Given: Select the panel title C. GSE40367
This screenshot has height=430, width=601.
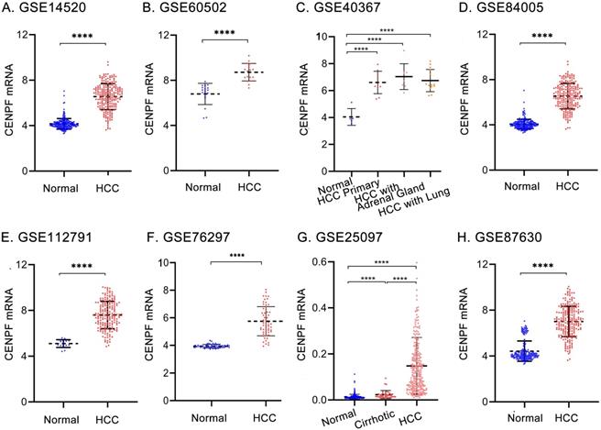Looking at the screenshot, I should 354,10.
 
